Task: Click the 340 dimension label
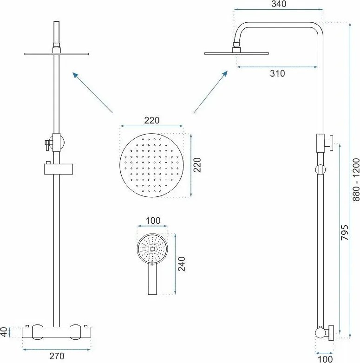click(279, 4)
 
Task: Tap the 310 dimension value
click(277, 74)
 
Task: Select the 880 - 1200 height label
click(356, 180)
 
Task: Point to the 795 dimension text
click(345, 232)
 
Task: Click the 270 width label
click(57, 356)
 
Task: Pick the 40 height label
click(4, 332)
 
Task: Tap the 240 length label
click(182, 264)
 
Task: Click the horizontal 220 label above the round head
click(152, 120)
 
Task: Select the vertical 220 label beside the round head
click(197, 165)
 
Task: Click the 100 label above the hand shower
click(153, 220)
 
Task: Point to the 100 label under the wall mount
click(325, 359)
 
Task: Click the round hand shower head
click(152, 249)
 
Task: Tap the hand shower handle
click(152, 279)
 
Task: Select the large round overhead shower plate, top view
click(151, 165)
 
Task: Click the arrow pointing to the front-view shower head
click(93, 93)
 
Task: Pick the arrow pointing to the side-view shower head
click(210, 92)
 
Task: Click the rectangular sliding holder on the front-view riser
click(59, 169)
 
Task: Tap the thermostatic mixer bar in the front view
click(57, 332)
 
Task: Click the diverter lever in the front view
click(47, 145)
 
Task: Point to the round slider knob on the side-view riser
click(321, 170)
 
